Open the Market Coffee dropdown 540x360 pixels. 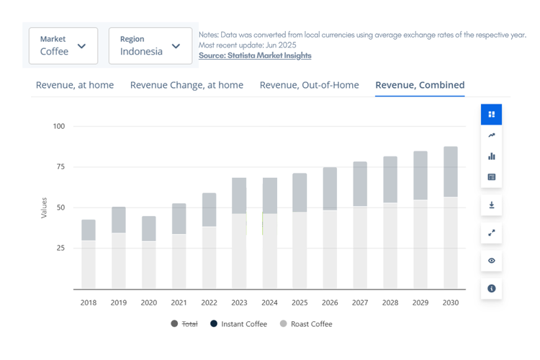pyautogui.click(x=63, y=45)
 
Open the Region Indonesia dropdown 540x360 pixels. pyautogui.click(x=150, y=45)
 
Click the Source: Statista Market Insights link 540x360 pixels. pyautogui.click(x=255, y=55)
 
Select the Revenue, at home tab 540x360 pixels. pyautogui.click(x=75, y=85)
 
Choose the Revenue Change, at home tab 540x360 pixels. pyautogui.click(x=186, y=85)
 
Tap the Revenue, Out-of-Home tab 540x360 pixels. pyautogui.click(x=309, y=85)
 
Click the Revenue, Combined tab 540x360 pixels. pyautogui.click(x=420, y=85)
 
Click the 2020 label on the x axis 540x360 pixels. pyautogui.click(x=148, y=302)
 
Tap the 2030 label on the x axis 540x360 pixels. pyautogui.click(x=450, y=302)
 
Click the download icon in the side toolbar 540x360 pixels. pyautogui.click(x=492, y=205)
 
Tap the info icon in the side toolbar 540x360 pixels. pyautogui.click(x=492, y=288)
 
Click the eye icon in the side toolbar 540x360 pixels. pyautogui.click(x=492, y=261)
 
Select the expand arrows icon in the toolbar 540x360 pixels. pyautogui.click(x=492, y=233)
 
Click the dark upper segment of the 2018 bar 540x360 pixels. pyautogui.click(x=89, y=230)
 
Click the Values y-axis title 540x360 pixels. pyautogui.click(x=44, y=207)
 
